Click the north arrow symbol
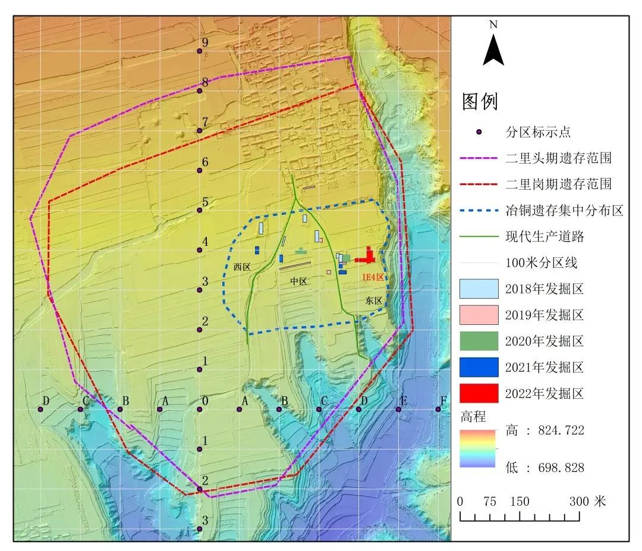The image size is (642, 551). pyautogui.click(x=493, y=48)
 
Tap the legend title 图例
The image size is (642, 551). pyautogui.click(x=480, y=102)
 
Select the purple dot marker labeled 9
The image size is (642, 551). pyautogui.click(x=200, y=51)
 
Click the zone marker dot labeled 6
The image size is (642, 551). pyautogui.click(x=200, y=171)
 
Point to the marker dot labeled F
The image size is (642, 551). pyautogui.click(x=439, y=409)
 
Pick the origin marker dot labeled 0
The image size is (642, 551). pyautogui.click(x=200, y=409)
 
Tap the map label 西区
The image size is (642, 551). pyautogui.click(x=242, y=267)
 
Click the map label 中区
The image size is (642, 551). pyautogui.click(x=298, y=281)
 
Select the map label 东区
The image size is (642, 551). pyautogui.click(x=374, y=301)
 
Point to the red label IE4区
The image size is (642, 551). pyautogui.click(x=374, y=277)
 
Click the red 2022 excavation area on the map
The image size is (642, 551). pyautogui.click(x=367, y=258)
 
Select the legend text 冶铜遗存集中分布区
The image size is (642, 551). pyautogui.click(x=564, y=211)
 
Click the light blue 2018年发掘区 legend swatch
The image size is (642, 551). pyautogui.click(x=479, y=289)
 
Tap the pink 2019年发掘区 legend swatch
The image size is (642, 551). pyautogui.click(x=479, y=315)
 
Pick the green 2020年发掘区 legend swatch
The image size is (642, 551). pyautogui.click(x=479, y=341)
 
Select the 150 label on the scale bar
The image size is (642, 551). pyautogui.click(x=520, y=502)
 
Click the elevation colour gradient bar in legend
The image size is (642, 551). pyautogui.click(x=478, y=449)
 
